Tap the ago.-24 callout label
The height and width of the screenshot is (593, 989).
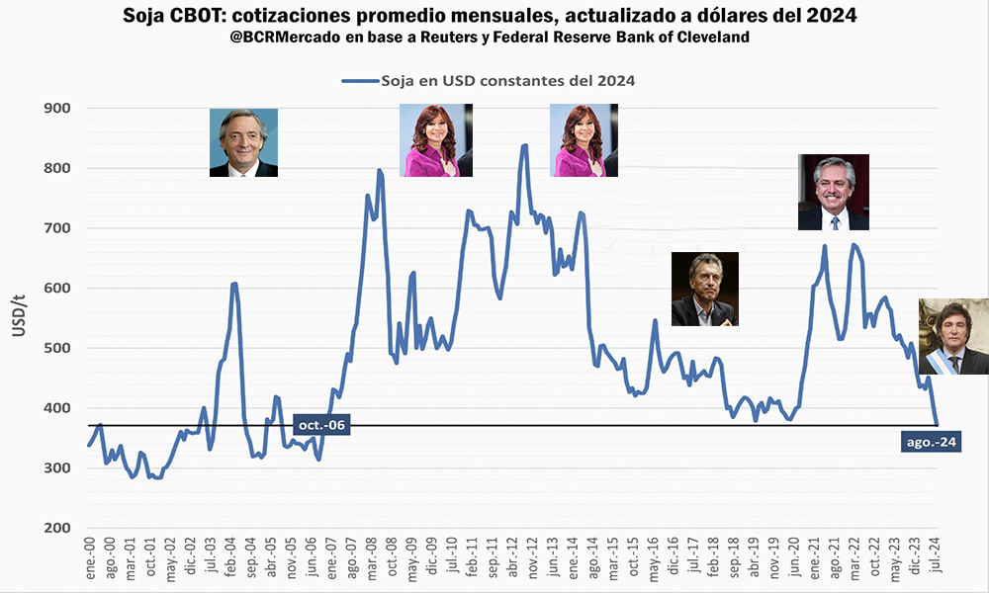[932, 442]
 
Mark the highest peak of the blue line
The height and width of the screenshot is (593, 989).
[524, 145]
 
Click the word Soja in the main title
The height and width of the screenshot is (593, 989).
[147, 16]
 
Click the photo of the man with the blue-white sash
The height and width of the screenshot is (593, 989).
[953, 336]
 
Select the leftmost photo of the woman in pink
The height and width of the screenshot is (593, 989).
[432, 141]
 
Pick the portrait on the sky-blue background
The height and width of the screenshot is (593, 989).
[243, 142]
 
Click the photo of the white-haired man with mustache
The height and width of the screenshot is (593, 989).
[833, 192]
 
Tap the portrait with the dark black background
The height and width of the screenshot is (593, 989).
[704, 289]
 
